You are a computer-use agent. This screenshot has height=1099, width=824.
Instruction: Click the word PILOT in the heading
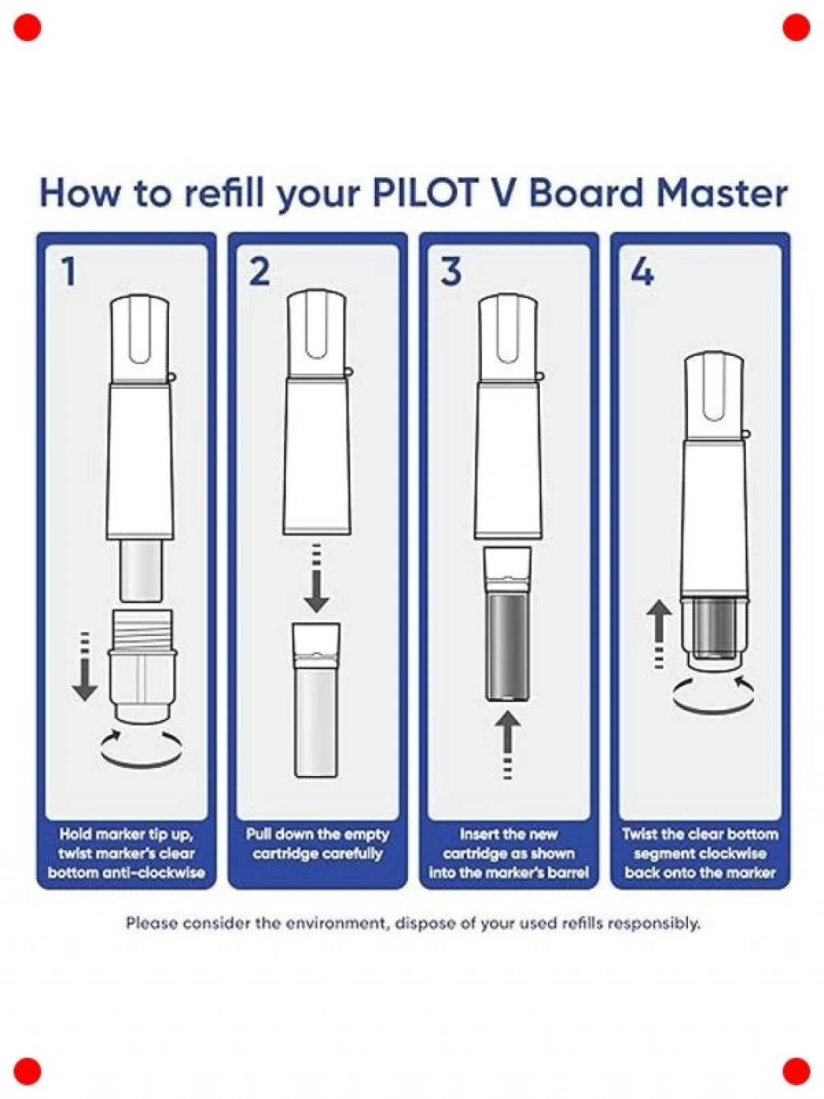click(x=428, y=194)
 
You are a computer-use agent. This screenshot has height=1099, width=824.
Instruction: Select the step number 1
click(x=68, y=271)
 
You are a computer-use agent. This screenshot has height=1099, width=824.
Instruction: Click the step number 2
click(x=259, y=271)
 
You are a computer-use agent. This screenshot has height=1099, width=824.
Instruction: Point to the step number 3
click(x=451, y=271)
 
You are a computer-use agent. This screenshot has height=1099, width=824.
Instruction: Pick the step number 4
click(x=642, y=271)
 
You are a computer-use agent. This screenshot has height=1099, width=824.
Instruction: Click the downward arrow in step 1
click(x=85, y=666)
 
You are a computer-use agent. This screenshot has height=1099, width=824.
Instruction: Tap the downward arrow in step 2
click(x=317, y=578)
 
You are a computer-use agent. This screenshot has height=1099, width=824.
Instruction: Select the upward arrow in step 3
click(x=508, y=745)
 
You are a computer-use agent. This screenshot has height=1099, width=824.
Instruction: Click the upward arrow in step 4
click(x=659, y=634)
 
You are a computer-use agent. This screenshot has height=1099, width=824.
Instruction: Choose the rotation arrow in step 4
click(x=714, y=706)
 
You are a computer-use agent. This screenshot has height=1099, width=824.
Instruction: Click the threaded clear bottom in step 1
click(x=142, y=666)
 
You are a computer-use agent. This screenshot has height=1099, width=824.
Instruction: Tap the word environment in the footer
click(x=330, y=922)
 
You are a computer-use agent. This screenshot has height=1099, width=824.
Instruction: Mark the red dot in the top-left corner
click(x=27, y=27)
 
